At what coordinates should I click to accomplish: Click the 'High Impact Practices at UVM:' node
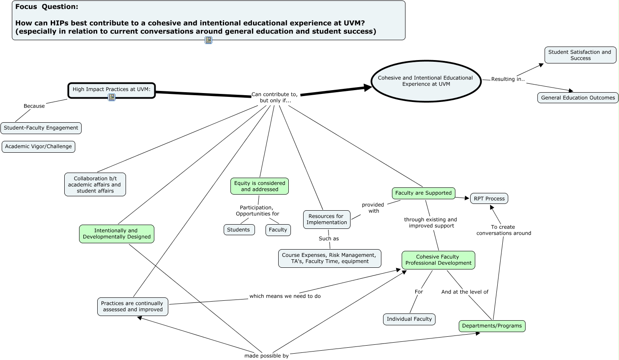coord(112,90)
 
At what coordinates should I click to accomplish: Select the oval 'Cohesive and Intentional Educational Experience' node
coord(426,81)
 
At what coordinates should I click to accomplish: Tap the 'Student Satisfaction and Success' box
coord(580,55)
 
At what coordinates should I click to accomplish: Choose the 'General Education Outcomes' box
coord(578,98)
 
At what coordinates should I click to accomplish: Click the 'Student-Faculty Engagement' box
coord(41,128)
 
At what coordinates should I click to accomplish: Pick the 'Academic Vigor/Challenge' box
coord(38,146)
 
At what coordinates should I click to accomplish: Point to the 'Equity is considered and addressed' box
coord(260,186)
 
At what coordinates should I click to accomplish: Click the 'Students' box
coord(238,230)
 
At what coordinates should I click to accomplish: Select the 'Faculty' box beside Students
coord(278,230)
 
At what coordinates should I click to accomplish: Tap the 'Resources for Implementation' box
coord(326,219)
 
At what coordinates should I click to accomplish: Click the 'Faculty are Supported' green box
coord(423,193)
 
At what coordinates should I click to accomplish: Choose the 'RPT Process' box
coord(489,198)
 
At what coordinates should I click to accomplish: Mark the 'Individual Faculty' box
coord(409,319)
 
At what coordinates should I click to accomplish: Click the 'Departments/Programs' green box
coord(492,326)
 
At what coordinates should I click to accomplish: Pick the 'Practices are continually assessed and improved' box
coord(132,306)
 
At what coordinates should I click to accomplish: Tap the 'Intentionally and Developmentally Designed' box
coord(117,234)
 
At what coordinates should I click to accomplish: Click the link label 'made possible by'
coord(266,356)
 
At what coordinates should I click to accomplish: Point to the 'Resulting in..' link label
coord(508,79)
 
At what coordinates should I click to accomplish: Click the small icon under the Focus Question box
coord(208,40)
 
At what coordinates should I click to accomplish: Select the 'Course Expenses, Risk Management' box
coord(329,258)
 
